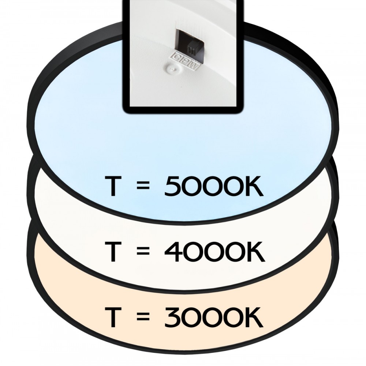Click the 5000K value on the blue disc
click(214, 188)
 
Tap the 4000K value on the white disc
click(214, 252)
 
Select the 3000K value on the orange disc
click(214, 318)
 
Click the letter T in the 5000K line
click(115, 188)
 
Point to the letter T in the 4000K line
click(115, 252)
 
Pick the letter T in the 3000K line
click(115, 318)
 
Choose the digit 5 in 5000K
click(173, 188)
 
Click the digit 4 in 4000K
click(174, 252)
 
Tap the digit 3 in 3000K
click(173, 318)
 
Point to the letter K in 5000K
click(253, 188)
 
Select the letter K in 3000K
click(253, 318)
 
